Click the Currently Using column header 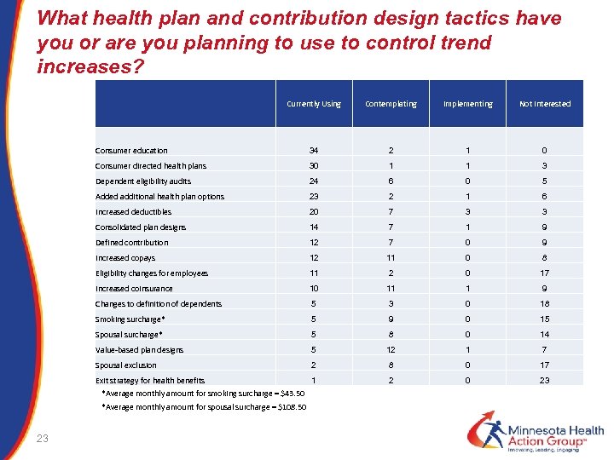[x=314, y=104]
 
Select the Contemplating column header [x=391, y=104]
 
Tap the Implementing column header [x=467, y=104]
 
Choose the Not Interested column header [x=545, y=104]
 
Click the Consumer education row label [x=131, y=151]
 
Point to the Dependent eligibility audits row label [x=143, y=181]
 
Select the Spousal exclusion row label [x=126, y=365]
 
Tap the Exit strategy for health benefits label [x=150, y=380]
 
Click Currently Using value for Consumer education [x=314, y=151]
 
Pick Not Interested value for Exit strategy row [x=545, y=380]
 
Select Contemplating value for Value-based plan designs [x=391, y=350]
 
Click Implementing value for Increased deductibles [x=467, y=212]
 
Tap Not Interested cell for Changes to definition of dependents [x=545, y=304]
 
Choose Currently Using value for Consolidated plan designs [x=314, y=227]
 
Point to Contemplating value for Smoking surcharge [x=391, y=319]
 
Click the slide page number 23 [x=43, y=438]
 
